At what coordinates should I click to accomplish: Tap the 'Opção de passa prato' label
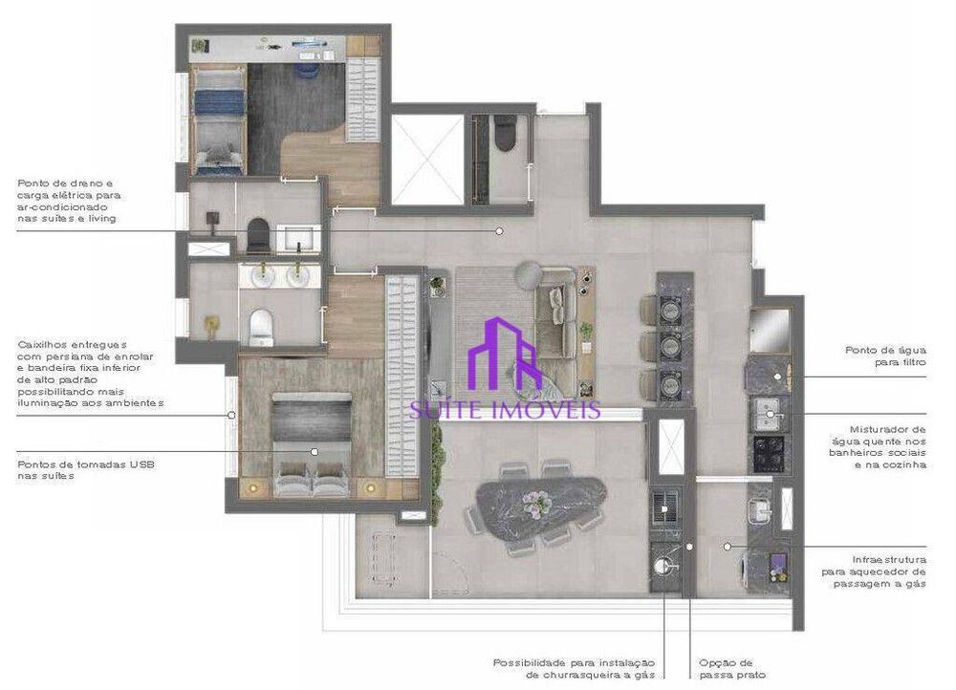[727, 668]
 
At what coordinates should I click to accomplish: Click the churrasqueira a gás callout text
[574, 668]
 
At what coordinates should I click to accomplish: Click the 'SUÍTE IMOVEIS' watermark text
[505, 410]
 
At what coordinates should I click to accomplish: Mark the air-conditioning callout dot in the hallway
[498, 230]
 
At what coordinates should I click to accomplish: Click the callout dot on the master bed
[313, 451]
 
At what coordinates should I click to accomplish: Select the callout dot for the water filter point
[777, 377]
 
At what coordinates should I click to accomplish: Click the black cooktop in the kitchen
[771, 453]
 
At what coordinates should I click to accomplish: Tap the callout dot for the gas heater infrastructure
[728, 547]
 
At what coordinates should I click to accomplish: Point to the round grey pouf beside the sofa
[529, 275]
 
